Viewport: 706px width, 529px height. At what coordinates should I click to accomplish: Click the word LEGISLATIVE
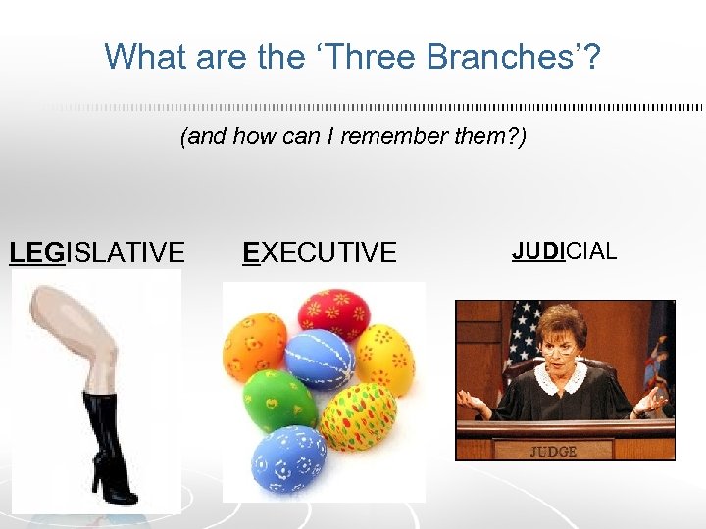(x=96, y=253)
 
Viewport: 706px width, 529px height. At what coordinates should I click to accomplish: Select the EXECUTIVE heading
(x=319, y=253)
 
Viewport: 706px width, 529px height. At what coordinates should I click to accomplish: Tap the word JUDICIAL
(x=564, y=250)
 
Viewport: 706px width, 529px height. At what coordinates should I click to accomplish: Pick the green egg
(x=278, y=401)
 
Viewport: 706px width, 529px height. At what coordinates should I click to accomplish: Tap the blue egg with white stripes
(x=320, y=358)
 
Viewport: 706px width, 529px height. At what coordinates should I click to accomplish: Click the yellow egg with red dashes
(x=358, y=415)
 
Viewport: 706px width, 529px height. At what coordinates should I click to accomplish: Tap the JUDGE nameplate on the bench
(x=554, y=452)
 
